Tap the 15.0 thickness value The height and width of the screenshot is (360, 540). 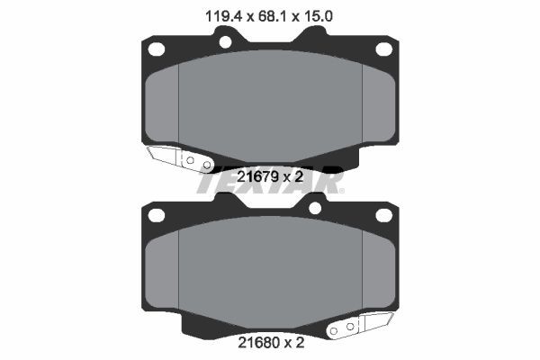point(318,16)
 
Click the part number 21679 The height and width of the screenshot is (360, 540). point(257,177)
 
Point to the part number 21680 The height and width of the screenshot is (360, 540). point(258,343)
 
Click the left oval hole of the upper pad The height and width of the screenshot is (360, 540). point(157,49)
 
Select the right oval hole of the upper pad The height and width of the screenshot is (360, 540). point(384,49)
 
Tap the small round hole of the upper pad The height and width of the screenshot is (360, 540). point(226,42)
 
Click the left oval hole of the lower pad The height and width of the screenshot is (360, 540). point(157,215)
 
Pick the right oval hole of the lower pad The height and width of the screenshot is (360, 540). point(384,215)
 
